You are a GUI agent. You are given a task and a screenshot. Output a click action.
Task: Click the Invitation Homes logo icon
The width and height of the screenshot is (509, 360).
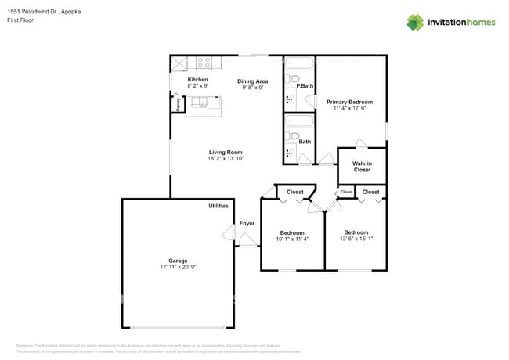pyautogui.click(x=415, y=22)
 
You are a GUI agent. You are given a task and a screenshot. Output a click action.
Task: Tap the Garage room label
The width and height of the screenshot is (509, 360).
pyautogui.click(x=178, y=261)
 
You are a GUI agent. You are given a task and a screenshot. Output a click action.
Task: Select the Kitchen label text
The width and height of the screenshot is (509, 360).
pyautogui.click(x=197, y=80)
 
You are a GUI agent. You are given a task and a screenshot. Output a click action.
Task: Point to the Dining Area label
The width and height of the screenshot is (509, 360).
pyautogui.click(x=253, y=81)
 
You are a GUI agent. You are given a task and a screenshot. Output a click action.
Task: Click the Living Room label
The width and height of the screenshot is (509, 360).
pyautogui.click(x=226, y=152)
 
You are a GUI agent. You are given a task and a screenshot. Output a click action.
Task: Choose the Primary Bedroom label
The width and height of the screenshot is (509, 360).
pyautogui.click(x=349, y=102)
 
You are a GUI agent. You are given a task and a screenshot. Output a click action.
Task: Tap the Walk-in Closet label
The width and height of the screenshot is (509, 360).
pyautogui.click(x=362, y=166)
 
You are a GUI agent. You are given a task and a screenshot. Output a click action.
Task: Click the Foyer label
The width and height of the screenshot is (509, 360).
pyautogui.click(x=247, y=223)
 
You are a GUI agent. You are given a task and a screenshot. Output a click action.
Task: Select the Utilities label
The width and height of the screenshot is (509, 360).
pyautogui.click(x=218, y=206)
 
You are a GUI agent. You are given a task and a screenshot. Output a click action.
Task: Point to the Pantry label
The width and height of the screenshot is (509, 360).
pyautogui.click(x=178, y=104)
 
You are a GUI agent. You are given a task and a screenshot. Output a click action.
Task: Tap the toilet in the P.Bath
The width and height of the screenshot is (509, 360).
pyautogui.click(x=294, y=79)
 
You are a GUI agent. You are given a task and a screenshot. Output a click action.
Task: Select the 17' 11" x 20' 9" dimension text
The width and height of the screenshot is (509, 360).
pyautogui.click(x=178, y=268)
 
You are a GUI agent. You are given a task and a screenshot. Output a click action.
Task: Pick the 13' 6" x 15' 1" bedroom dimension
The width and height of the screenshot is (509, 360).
pyautogui.click(x=356, y=239)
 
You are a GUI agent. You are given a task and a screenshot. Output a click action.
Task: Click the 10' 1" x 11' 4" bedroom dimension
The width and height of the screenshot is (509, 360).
pyautogui.click(x=292, y=239)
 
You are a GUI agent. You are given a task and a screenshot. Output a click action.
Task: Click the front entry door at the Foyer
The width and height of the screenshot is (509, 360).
pyautogui.click(x=249, y=246)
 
